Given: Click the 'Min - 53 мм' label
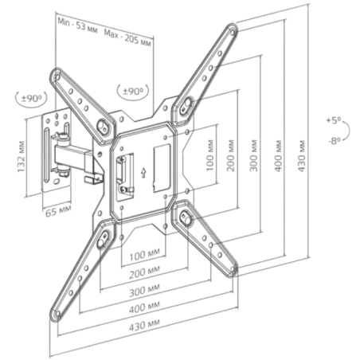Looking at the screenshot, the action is click(x=77, y=25).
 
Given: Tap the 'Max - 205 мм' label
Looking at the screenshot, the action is click(x=127, y=37).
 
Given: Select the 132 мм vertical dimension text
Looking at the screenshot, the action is click(x=22, y=157).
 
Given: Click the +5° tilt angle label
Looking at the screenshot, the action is click(x=334, y=120).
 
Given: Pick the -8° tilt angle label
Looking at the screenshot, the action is click(x=335, y=141).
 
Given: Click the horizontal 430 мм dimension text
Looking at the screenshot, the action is click(x=145, y=326).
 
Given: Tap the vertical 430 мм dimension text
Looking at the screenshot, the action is click(x=302, y=156).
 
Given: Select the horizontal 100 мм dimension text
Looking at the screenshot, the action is click(x=145, y=255).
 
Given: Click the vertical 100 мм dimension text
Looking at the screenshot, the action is click(x=210, y=155).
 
